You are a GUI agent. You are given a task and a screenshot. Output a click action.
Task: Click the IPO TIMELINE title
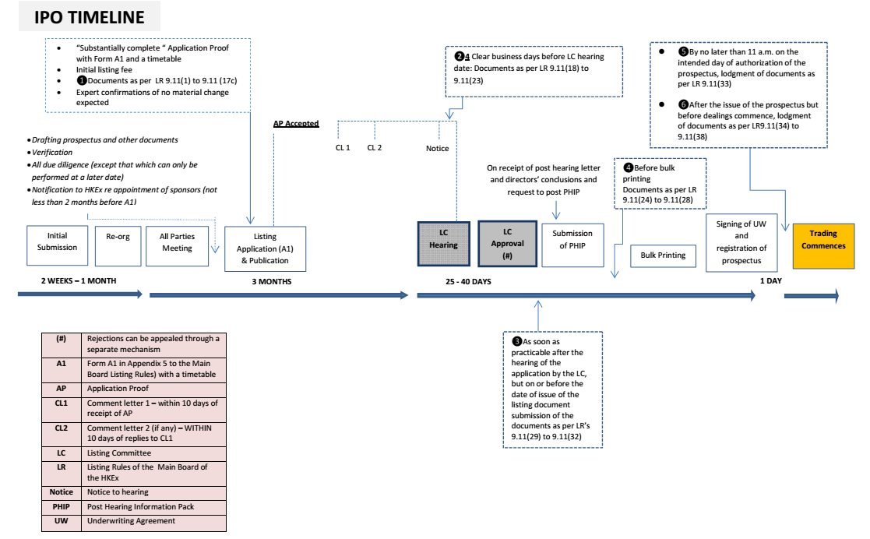pyautogui.click(x=89, y=17)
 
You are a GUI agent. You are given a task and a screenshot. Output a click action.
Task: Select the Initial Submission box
pyautogui.click(x=58, y=241)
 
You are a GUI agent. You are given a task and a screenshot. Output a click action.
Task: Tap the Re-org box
pyautogui.click(x=118, y=237)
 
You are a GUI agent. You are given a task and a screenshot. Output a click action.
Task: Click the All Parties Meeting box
pyautogui.click(x=177, y=242)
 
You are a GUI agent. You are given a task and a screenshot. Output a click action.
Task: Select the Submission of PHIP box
pyautogui.click(x=572, y=239)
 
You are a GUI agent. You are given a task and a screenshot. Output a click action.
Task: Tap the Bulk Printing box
pyautogui.click(x=663, y=255)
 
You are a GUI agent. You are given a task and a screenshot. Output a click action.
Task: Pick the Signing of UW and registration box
pyautogui.click(x=741, y=243)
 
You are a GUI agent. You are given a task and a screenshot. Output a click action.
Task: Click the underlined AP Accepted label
pyautogui.click(x=295, y=124)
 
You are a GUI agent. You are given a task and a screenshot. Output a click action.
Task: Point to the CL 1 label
pyautogui.click(x=343, y=147)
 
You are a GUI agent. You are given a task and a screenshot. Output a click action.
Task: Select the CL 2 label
pyautogui.click(x=375, y=147)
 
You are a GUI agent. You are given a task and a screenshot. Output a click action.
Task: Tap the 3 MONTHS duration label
pyautogui.click(x=271, y=281)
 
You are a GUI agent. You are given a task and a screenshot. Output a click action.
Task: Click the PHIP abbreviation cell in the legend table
pyautogui.click(x=62, y=506)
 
